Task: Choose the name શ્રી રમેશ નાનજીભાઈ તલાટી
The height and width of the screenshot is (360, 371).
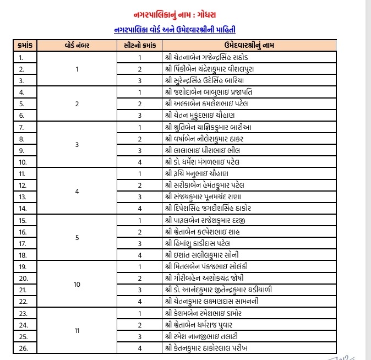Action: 204,336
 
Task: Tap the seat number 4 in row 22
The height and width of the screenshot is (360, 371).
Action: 140,302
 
